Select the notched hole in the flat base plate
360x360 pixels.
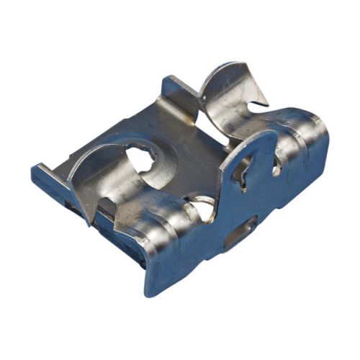point(140,161)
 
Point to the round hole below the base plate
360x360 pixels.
point(204,209)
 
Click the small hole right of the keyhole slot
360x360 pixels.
point(276,167)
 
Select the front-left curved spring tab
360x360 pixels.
point(101,169)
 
